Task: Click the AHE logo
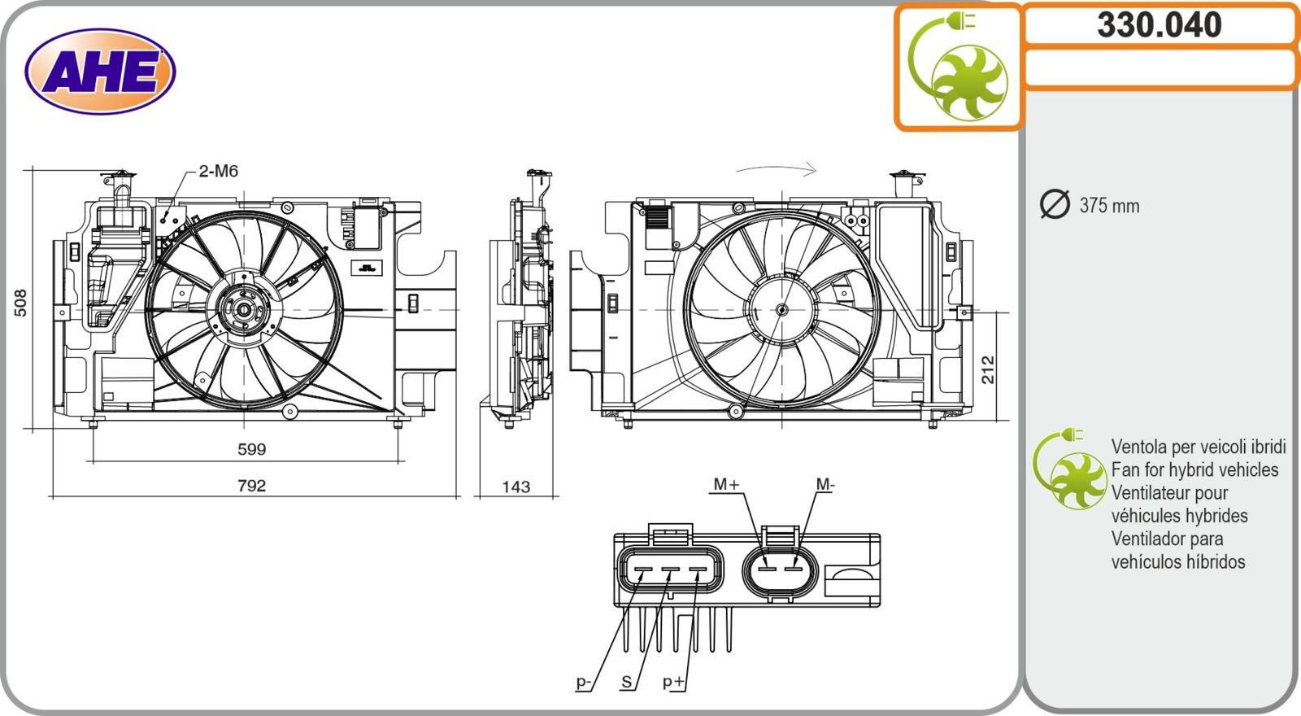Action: click(100, 72)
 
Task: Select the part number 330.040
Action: click(1159, 25)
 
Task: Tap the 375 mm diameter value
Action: click(1109, 206)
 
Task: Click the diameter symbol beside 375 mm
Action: click(1055, 204)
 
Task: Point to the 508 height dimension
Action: click(20, 302)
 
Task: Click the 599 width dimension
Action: click(251, 449)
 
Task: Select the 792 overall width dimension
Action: click(251, 486)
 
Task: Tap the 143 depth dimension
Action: click(516, 487)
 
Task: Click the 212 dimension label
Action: click(988, 370)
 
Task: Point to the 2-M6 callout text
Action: click(218, 171)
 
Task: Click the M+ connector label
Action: click(726, 484)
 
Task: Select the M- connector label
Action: click(825, 484)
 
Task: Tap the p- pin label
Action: click(584, 682)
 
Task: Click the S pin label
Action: click(626, 682)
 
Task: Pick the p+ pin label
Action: click(673, 682)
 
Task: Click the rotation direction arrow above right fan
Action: click(777, 170)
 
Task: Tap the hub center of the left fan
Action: click(242, 310)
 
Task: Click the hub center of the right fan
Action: click(781, 310)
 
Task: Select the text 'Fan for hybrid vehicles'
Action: click(1194, 469)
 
